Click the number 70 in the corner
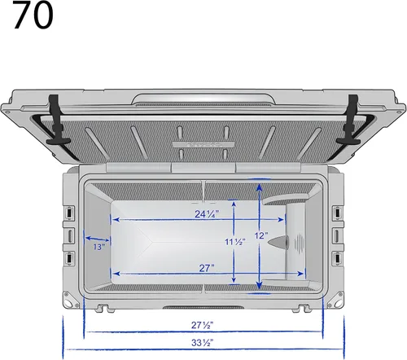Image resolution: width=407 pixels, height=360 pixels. pyautogui.click(x=33, y=15)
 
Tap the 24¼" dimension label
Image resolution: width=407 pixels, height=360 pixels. pyautogui.click(x=207, y=214)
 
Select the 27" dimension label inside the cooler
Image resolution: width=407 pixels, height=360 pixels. pyautogui.click(x=207, y=268)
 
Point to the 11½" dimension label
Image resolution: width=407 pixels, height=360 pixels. pyautogui.click(x=235, y=242)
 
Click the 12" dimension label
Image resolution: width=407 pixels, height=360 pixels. pyautogui.click(x=261, y=235)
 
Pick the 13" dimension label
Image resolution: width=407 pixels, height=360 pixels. pyautogui.click(x=99, y=247)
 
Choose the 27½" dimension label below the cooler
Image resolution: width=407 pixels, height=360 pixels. pyautogui.click(x=202, y=325)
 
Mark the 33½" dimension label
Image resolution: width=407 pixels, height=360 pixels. pyautogui.click(x=202, y=343)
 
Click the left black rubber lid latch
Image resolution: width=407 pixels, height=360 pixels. pyautogui.click(x=57, y=120)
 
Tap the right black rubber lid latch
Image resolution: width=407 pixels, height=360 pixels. pyautogui.click(x=349, y=120)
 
